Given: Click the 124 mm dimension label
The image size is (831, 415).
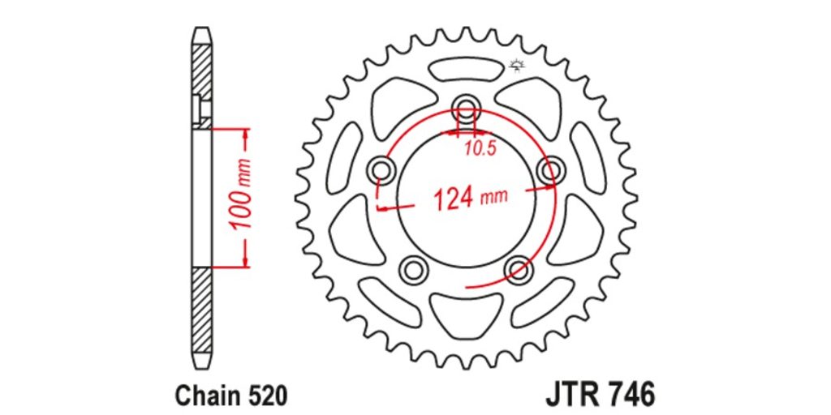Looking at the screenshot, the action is click(471, 198).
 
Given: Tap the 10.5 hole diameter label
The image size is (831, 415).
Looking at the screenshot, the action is click(480, 149).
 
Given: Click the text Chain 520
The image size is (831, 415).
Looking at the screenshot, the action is click(231, 395).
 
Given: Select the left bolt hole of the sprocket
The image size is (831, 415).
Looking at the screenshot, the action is click(381, 170).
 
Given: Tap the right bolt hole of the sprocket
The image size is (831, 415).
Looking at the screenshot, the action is click(551, 170).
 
